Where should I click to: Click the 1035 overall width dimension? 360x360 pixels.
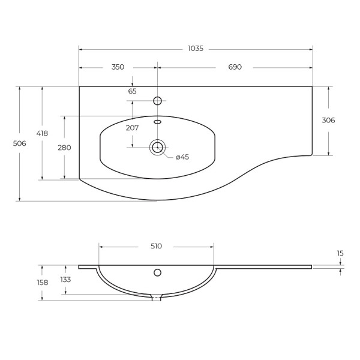click(196, 49)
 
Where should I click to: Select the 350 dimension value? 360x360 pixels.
click(118, 67)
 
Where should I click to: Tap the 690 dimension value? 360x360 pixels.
click(235, 67)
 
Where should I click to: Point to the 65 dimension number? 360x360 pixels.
click(132, 91)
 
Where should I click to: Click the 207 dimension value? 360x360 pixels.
click(132, 128)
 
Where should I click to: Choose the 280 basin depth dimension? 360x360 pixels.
click(64, 148)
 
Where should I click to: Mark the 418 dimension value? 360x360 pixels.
click(42, 133)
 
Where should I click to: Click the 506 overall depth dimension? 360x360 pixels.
click(20, 143)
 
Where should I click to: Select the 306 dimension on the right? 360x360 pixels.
click(328, 120)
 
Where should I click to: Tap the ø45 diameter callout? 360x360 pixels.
click(182, 157)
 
